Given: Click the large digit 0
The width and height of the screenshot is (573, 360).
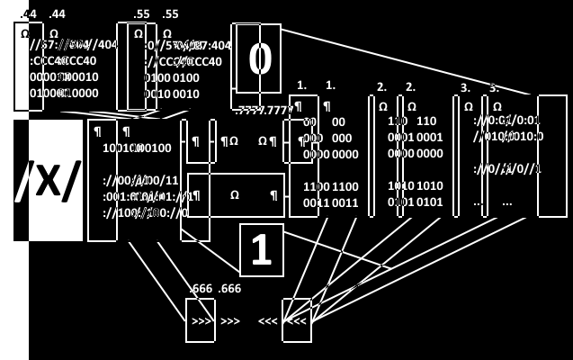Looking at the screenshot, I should point(260,59).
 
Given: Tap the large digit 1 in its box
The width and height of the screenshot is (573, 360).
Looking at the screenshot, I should point(261,250).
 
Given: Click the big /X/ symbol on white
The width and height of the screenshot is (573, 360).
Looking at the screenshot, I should point(48,180).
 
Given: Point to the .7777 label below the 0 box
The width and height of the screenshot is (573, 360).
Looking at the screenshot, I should point(264,110).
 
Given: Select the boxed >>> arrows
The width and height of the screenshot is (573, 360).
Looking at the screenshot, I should point(201,321).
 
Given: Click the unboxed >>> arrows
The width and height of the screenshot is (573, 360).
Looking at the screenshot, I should point(230,321).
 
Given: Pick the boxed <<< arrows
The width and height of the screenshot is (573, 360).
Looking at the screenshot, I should point(297,321).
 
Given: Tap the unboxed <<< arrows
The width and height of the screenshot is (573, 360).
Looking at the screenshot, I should point(268,321).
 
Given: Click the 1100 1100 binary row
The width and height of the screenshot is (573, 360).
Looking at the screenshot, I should point(330,187).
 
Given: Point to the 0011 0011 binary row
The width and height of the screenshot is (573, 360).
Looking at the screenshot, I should point(330,203).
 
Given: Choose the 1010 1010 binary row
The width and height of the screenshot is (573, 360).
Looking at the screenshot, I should point(416,185).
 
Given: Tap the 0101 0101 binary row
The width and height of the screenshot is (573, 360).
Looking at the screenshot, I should point(416,202).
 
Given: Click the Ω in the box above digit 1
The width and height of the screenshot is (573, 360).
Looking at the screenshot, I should point(235,194).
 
